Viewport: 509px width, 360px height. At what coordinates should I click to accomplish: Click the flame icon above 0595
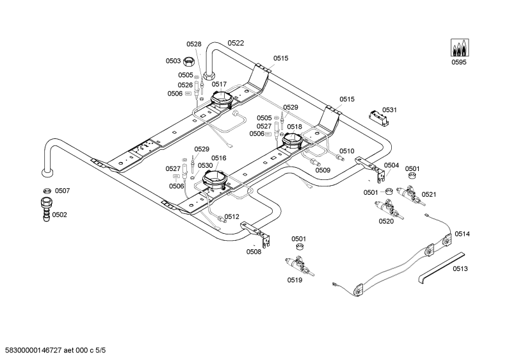[460, 48]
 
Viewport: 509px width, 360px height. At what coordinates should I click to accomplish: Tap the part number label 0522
[236, 43]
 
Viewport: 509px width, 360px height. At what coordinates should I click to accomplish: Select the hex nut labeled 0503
[188, 61]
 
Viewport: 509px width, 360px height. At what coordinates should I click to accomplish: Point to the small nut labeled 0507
[47, 191]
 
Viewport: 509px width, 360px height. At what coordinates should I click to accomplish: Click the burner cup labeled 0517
[221, 99]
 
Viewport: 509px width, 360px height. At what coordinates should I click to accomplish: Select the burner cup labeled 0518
[292, 142]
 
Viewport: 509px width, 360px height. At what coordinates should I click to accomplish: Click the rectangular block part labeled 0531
[379, 118]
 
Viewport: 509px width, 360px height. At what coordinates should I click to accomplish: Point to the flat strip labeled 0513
[442, 268]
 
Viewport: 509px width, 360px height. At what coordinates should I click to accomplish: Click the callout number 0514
[462, 234]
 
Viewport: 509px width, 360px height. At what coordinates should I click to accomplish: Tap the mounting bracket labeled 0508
[257, 234]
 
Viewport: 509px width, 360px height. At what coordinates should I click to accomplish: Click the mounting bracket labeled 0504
[371, 168]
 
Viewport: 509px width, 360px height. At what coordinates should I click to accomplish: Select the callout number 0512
[232, 217]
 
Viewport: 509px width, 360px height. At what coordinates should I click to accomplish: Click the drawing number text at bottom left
[54, 350]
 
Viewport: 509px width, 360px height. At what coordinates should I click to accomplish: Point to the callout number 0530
[205, 166]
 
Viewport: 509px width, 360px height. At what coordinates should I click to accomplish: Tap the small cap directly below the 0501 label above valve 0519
[300, 247]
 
